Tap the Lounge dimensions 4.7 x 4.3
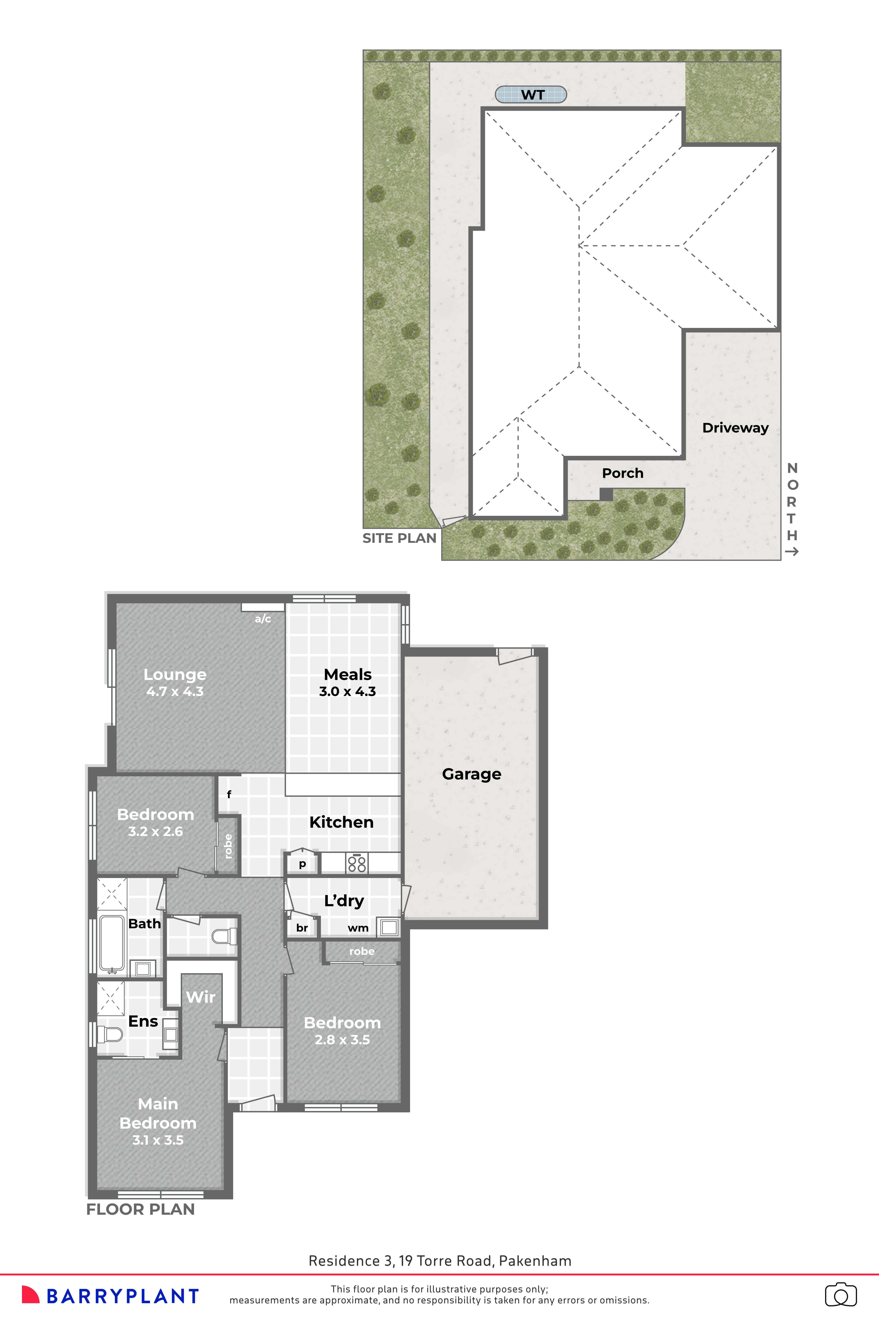[175, 692]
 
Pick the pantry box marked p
[302, 864]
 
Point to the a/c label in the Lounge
[263, 619]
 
